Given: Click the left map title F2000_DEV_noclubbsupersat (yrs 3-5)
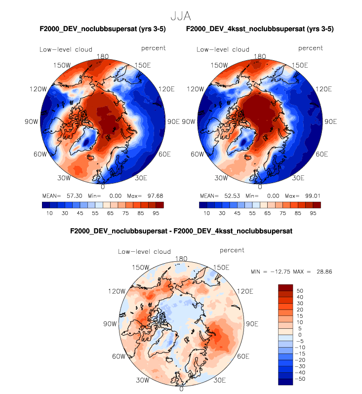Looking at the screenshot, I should click(x=102, y=29).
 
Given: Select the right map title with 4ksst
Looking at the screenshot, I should click(x=260, y=29).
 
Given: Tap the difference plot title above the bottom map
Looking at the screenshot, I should click(x=181, y=231).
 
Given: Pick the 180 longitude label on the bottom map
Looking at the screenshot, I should click(x=181, y=259).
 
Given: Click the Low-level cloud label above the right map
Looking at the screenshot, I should click(x=223, y=49).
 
